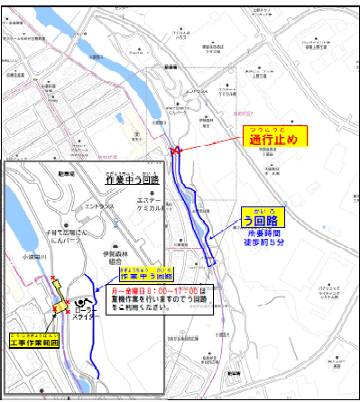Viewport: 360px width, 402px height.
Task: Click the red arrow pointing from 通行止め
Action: pos(213,143)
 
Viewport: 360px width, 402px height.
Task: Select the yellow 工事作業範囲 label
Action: pos(33,343)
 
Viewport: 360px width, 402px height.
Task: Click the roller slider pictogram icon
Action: pos(84,301)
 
